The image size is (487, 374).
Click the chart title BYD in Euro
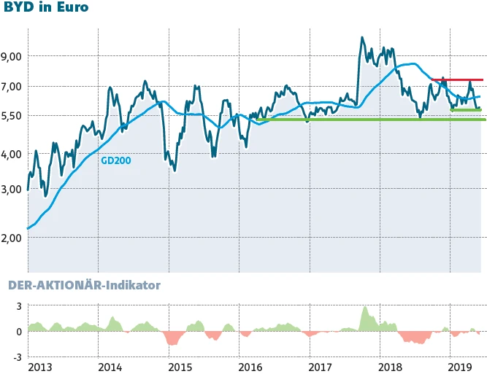tap(47, 9)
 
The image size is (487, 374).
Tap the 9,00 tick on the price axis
tap(14, 56)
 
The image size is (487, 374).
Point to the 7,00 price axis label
tap(14, 87)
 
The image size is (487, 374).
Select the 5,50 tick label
tap(14, 116)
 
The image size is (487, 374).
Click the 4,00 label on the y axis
tap(14, 155)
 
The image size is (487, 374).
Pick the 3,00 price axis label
tap(14, 189)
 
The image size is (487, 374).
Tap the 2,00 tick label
tap(14, 238)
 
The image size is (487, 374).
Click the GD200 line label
tap(115, 160)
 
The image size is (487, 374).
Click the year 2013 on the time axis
tap(40, 366)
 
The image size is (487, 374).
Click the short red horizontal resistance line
tap(457, 79)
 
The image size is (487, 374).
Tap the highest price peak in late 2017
tap(362, 38)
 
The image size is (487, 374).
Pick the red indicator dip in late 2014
tap(173, 340)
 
